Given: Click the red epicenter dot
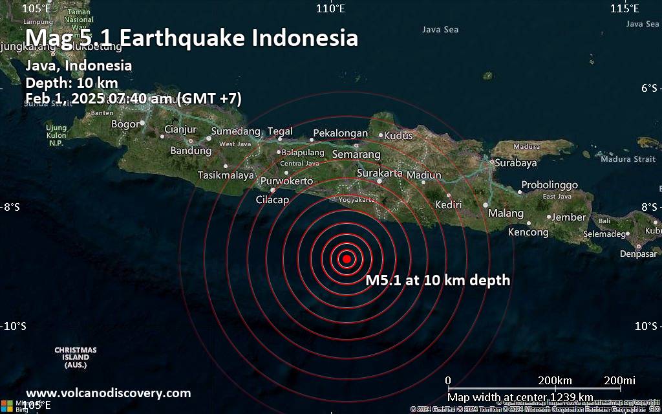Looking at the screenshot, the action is [347, 259].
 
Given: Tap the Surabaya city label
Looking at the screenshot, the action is [516, 163].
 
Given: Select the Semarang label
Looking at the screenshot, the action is [356, 155].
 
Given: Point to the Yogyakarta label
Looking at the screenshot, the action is [358, 200].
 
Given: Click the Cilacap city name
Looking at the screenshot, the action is [272, 200].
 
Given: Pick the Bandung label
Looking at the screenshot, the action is [191, 151].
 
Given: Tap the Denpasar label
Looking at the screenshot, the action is [638, 254].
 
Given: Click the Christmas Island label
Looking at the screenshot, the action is [76, 358].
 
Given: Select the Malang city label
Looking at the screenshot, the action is [506, 213].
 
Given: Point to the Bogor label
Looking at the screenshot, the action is [125, 124].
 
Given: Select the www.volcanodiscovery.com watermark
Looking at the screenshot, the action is [109, 393].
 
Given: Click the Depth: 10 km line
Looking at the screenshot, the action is [72, 82].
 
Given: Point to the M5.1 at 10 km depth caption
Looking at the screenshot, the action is [438, 280].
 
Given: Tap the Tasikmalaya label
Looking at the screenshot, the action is [226, 175].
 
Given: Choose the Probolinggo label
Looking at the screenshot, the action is [550, 185].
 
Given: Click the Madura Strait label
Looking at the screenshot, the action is [628, 159].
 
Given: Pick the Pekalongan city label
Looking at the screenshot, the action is [340, 133].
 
